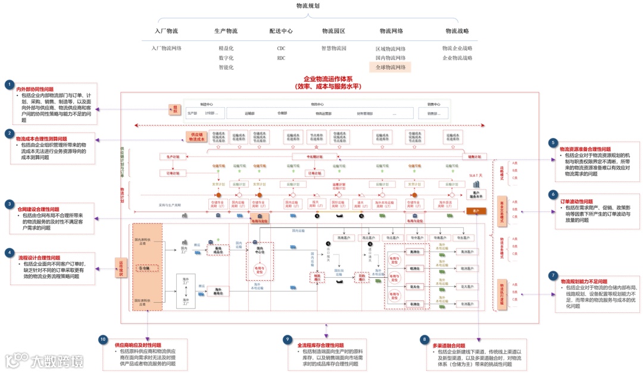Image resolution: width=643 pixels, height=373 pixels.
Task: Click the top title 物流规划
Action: (x=308, y=5)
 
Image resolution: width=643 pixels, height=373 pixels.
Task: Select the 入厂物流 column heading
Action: (x=166, y=31)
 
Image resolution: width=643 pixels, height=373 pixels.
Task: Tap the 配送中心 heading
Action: (x=281, y=31)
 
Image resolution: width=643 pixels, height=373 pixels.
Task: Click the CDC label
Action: (x=281, y=49)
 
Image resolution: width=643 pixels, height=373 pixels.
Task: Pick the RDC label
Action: (x=281, y=58)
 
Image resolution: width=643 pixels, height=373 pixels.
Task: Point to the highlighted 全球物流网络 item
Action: (x=390, y=67)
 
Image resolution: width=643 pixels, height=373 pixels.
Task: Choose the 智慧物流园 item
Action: (x=333, y=49)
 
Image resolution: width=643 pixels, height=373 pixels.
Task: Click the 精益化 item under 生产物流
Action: (x=226, y=49)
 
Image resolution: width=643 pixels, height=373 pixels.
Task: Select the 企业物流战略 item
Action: (x=457, y=58)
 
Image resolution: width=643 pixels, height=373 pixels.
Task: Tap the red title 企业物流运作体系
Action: (x=328, y=79)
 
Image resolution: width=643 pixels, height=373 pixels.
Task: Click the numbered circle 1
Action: (x=10, y=85)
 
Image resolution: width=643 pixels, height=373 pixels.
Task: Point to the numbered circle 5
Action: (x=553, y=143)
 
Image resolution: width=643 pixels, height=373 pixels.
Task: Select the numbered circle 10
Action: (x=103, y=340)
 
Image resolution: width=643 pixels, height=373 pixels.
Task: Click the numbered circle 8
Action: (x=424, y=340)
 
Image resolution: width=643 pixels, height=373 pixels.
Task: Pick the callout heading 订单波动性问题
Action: (x=576, y=202)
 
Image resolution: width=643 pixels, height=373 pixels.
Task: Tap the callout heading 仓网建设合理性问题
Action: (x=38, y=209)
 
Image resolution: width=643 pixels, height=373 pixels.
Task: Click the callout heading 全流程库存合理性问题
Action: (x=320, y=346)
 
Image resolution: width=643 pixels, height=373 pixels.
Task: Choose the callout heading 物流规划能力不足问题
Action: (x=583, y=282)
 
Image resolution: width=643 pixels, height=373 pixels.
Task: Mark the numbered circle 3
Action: (x=10, y=204)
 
